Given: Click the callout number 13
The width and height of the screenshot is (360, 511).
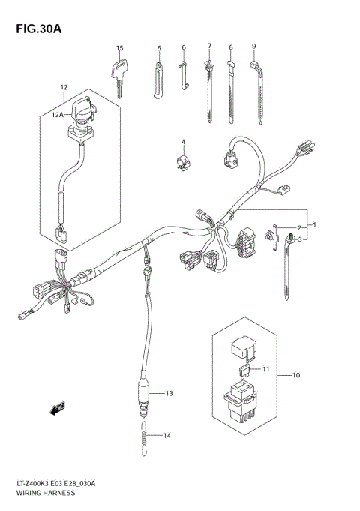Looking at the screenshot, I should pos(169,393).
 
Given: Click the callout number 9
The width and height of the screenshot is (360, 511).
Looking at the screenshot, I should pos(254,46).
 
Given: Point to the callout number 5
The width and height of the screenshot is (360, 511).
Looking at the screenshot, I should pos(159,48).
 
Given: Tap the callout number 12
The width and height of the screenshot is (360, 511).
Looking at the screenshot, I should pos(64,87).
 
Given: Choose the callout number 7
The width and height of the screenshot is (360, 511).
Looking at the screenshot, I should pos(209,46).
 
